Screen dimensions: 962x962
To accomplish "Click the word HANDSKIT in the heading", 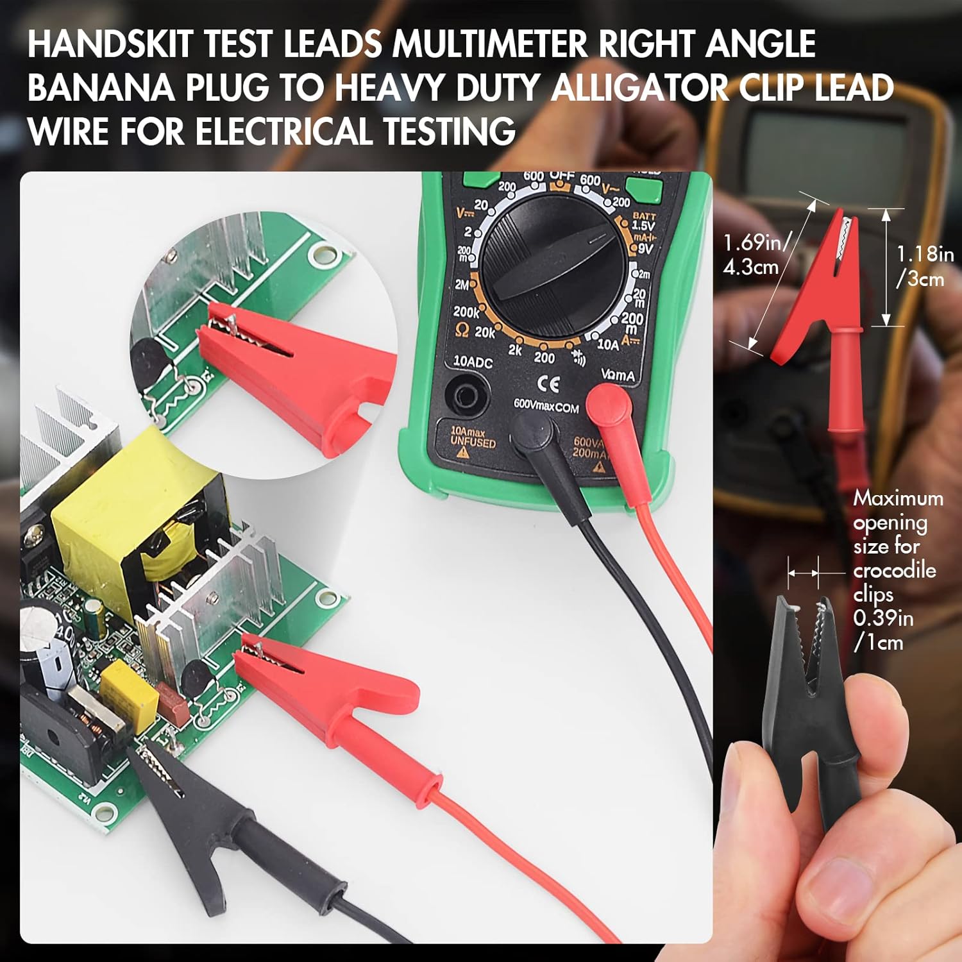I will (x=110, y=44).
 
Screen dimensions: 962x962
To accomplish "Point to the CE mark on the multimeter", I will (x=548, y=384).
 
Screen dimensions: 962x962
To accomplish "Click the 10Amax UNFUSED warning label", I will (x=473, y=438).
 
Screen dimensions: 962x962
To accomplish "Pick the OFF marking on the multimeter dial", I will (x=561, y=176).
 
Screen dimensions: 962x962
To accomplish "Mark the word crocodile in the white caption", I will (x=894, y=570).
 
